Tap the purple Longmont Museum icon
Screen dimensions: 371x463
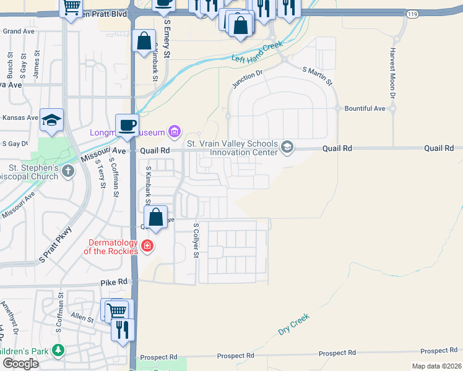tap(175, 131)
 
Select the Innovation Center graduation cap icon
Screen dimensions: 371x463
tap(287, 147)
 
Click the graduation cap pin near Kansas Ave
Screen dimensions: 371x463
tap(51, 121)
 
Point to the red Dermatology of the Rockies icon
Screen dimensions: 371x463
tap(147, 247)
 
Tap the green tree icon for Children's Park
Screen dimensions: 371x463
tap(58, 351)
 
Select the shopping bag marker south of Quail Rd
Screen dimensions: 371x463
tap(156, 218)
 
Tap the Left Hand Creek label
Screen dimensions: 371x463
tap(257, 52)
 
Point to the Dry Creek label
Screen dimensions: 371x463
tap(293, 324)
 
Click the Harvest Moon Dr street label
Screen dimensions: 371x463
tap(392, 73)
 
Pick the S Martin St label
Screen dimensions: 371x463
tap(317, 76)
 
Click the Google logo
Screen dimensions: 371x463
tap(20, 363)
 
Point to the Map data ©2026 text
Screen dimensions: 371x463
tap(436, 366)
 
